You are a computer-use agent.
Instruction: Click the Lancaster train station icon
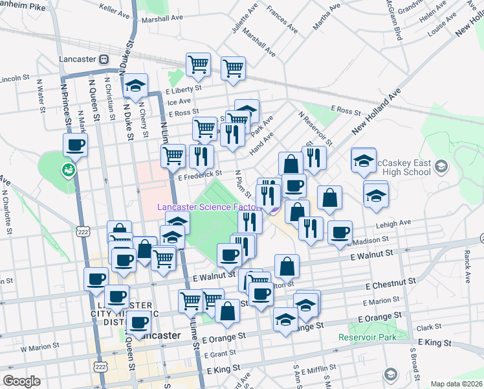(104, 59)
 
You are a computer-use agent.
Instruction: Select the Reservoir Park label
(367, 338)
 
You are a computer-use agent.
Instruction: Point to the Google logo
(21, 381)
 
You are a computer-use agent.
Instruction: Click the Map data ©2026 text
(456, 384)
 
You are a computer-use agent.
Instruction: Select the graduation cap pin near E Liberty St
(136, 86)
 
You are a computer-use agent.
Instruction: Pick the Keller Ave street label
(116, 8)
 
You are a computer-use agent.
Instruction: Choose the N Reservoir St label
(315, 128)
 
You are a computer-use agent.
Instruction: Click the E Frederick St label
(201, 174)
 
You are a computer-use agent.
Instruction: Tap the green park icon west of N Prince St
(68, 171)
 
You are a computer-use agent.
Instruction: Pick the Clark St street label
(425, 328)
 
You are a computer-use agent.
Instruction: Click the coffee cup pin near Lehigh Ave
(340, 232)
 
